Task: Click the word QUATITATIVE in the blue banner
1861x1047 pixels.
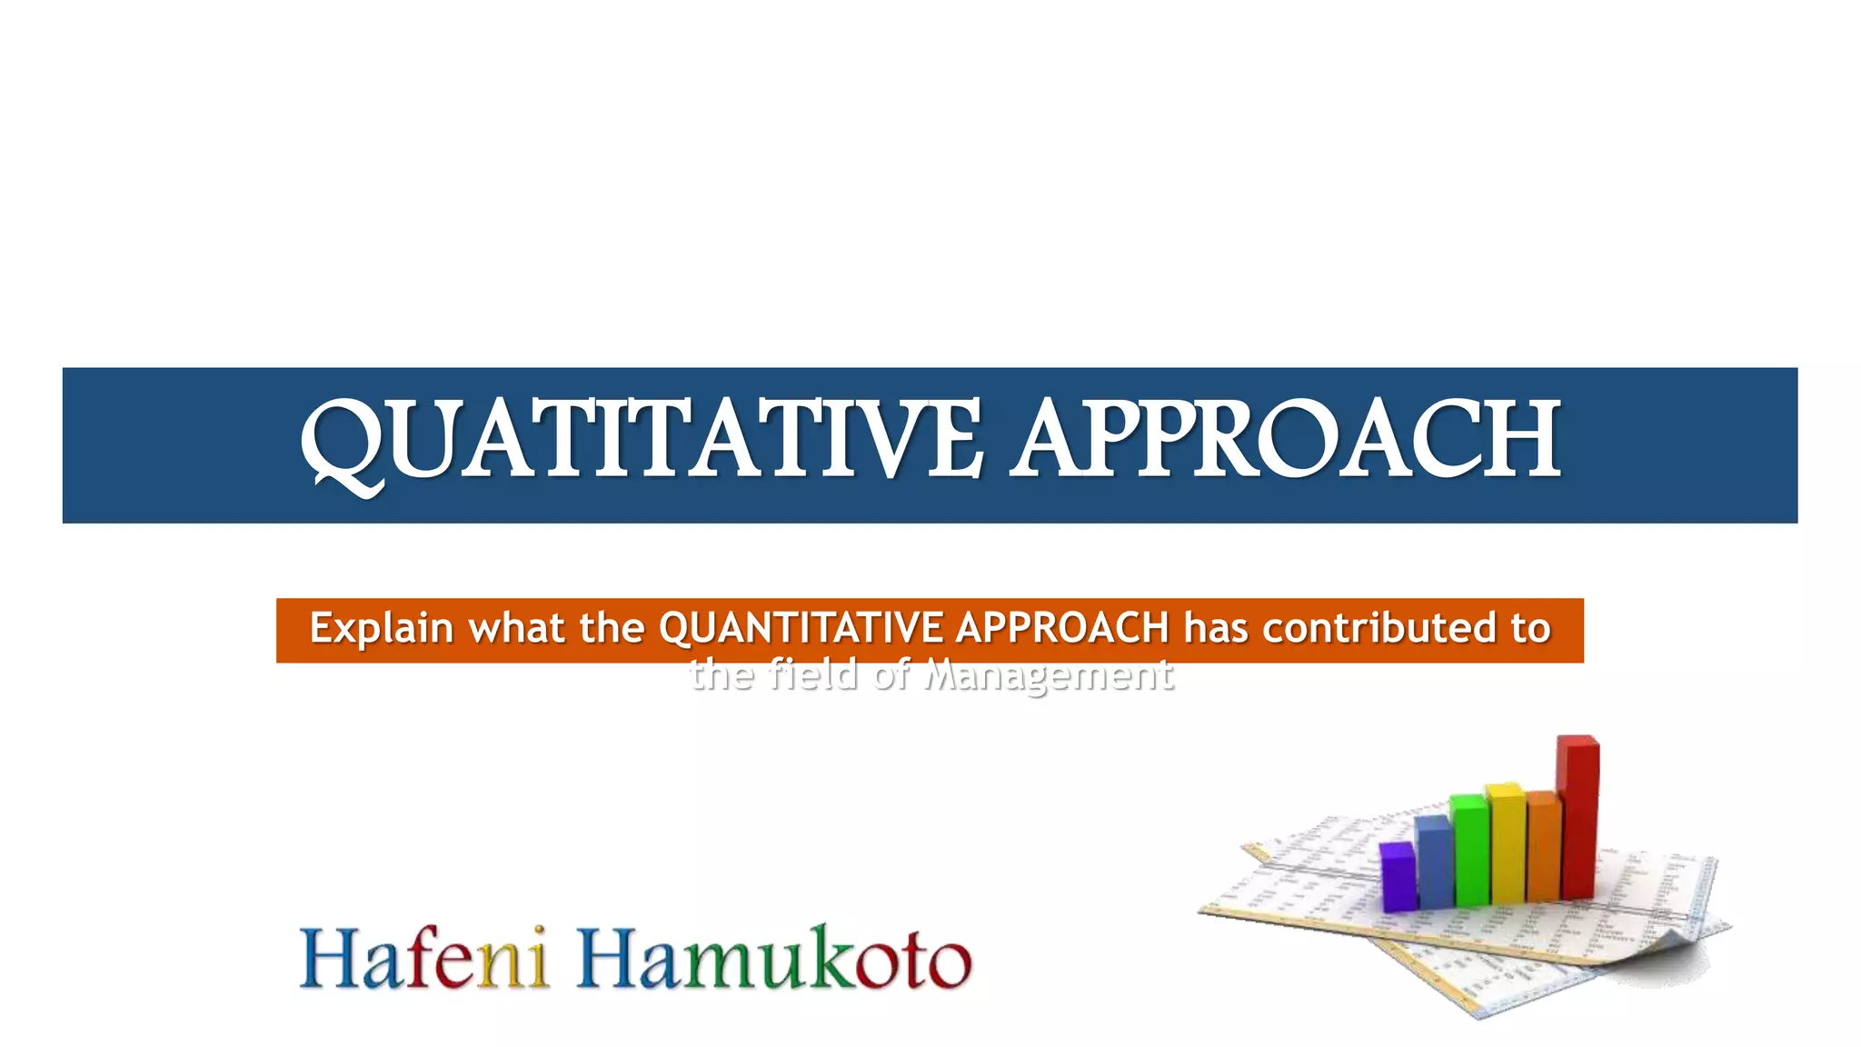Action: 641,441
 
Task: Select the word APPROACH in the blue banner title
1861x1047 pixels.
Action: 1287,441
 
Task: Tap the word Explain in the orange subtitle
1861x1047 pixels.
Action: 381,628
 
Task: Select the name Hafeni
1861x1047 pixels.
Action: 424,959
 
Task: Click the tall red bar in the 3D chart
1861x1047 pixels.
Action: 1577,818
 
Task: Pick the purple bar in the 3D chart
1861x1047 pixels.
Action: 1398,877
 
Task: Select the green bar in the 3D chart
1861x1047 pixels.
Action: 1468,850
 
